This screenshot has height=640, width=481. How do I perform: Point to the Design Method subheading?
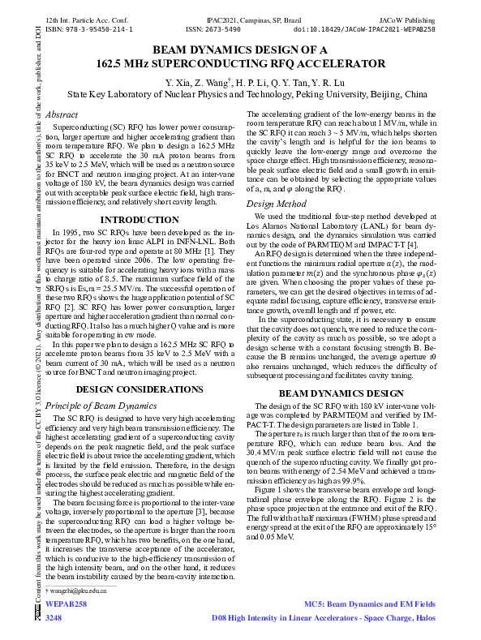point(276,204)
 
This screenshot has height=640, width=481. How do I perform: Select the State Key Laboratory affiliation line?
point(240,95)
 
